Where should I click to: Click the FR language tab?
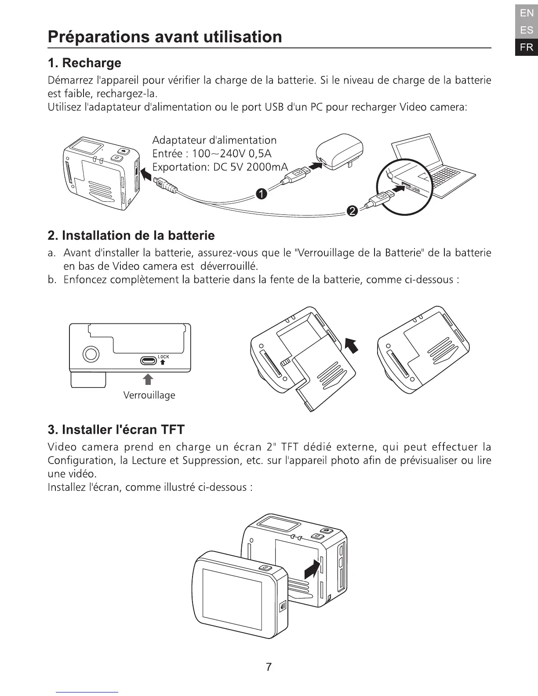[x=526, y=47]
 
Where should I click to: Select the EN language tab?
[x=526, y=13]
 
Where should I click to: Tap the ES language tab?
[x=526, y=30]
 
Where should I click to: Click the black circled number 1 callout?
[x=261, y=194]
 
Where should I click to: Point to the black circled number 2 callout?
[x=352, y=212]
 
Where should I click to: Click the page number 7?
[x=269, y=667]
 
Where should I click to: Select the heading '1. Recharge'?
[x=84, y=63]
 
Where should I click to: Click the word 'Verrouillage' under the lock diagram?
[x=149, y=395]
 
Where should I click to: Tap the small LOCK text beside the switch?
[x=163, y=356]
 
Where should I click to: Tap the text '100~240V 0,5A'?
[x=232, y=154]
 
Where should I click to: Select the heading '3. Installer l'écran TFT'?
[x=116, y=429]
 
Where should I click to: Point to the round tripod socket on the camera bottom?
[x=91, y=354]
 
